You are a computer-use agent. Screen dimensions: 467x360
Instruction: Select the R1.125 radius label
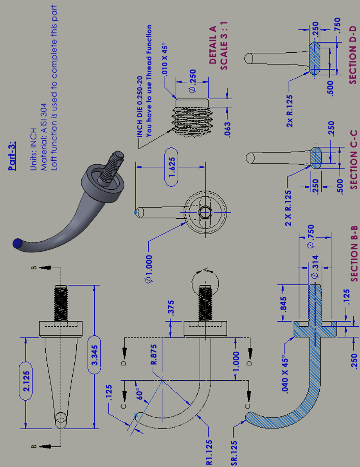[x=210, y=452]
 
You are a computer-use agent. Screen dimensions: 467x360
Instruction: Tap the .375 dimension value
[x=170, y=308]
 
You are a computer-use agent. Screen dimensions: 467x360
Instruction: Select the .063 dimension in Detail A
[x=227, y=128]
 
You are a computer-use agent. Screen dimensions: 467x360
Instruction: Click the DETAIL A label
[x=213, y=45]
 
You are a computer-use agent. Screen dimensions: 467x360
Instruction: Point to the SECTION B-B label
[x=353, y=254]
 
